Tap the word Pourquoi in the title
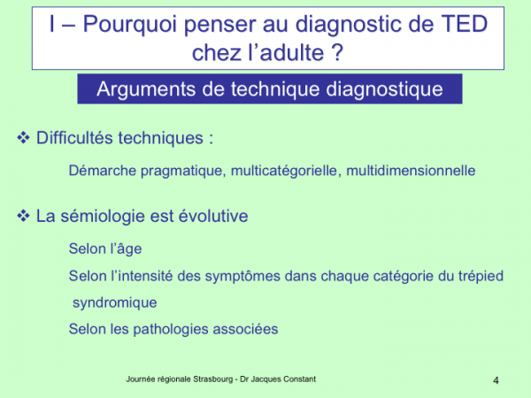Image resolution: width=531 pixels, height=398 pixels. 130,25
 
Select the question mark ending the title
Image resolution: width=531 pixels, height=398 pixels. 338,52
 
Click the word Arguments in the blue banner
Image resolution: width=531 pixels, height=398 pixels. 146,89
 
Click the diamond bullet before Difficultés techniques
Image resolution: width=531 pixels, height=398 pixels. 23,137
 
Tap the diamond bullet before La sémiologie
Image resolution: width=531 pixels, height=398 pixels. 23,216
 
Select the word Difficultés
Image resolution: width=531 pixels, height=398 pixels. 74,138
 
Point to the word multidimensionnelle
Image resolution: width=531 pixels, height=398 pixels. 411,170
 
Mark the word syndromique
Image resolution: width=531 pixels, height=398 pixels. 115,302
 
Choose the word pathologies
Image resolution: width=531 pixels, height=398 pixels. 171,329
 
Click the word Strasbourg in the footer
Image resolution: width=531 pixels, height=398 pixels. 213,379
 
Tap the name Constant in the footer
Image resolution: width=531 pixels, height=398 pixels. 299,379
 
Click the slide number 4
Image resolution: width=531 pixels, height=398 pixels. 496,380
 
